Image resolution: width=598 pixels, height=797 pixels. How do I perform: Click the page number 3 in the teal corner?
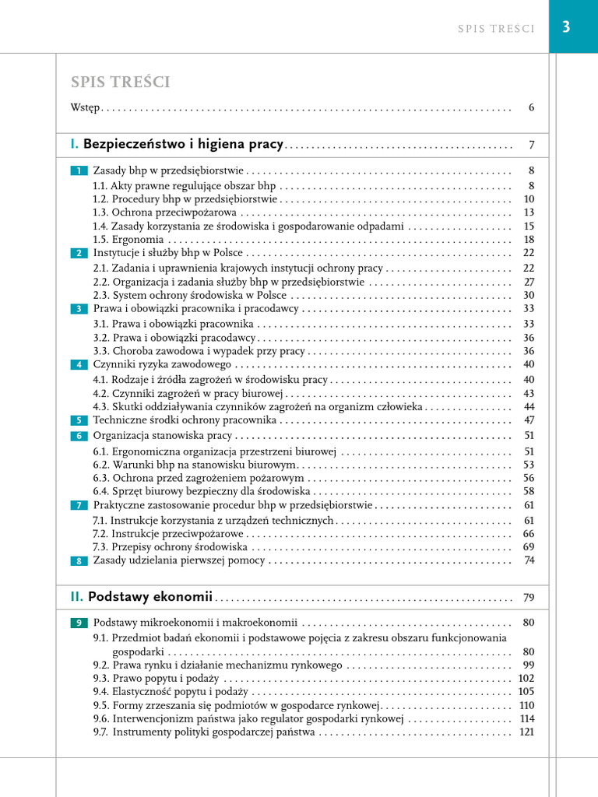coord(566,27)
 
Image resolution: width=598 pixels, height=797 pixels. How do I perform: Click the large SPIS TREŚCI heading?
coord(121,83)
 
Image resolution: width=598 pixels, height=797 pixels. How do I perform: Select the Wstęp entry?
coord(84,107)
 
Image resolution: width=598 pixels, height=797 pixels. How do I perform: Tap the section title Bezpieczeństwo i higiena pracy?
coord(184,144)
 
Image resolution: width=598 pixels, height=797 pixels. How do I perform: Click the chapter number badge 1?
coord(79,170)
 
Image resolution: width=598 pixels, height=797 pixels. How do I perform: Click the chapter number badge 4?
coord(79,365)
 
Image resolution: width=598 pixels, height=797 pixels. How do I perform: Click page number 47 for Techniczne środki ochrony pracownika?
coord(529,420)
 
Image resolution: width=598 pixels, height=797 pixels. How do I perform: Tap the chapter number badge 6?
coord(79,436)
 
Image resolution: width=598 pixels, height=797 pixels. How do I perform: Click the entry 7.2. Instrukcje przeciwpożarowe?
coord(168,534)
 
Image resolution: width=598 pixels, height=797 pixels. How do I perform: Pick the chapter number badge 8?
coord(79,561)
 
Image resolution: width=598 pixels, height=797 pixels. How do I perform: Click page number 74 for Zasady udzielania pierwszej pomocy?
coord(529,560)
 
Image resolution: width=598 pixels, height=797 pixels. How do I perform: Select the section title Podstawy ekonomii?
coord(150,597)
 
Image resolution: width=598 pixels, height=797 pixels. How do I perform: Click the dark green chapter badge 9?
coord(79,623)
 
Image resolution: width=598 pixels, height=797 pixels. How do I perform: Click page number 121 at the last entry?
coord(527,732)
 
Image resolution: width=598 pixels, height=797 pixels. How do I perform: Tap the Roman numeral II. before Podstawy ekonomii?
coord(76,597)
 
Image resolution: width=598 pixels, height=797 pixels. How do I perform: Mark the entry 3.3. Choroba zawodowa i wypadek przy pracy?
coord(199,352)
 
